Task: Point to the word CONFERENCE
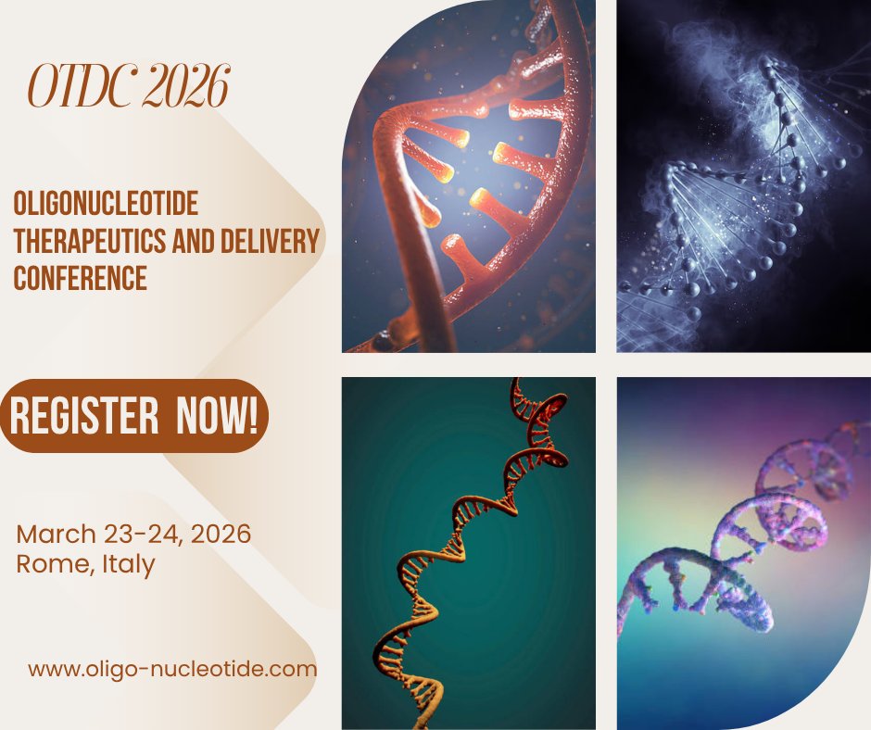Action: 80,278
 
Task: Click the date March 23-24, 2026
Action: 133,535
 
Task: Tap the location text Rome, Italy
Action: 85,564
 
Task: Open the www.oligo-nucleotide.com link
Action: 172,668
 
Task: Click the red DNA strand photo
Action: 468,176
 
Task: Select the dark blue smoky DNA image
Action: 743,176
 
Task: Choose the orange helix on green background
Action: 468,552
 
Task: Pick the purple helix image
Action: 743,552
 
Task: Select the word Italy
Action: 125,564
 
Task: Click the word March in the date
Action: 57,535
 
